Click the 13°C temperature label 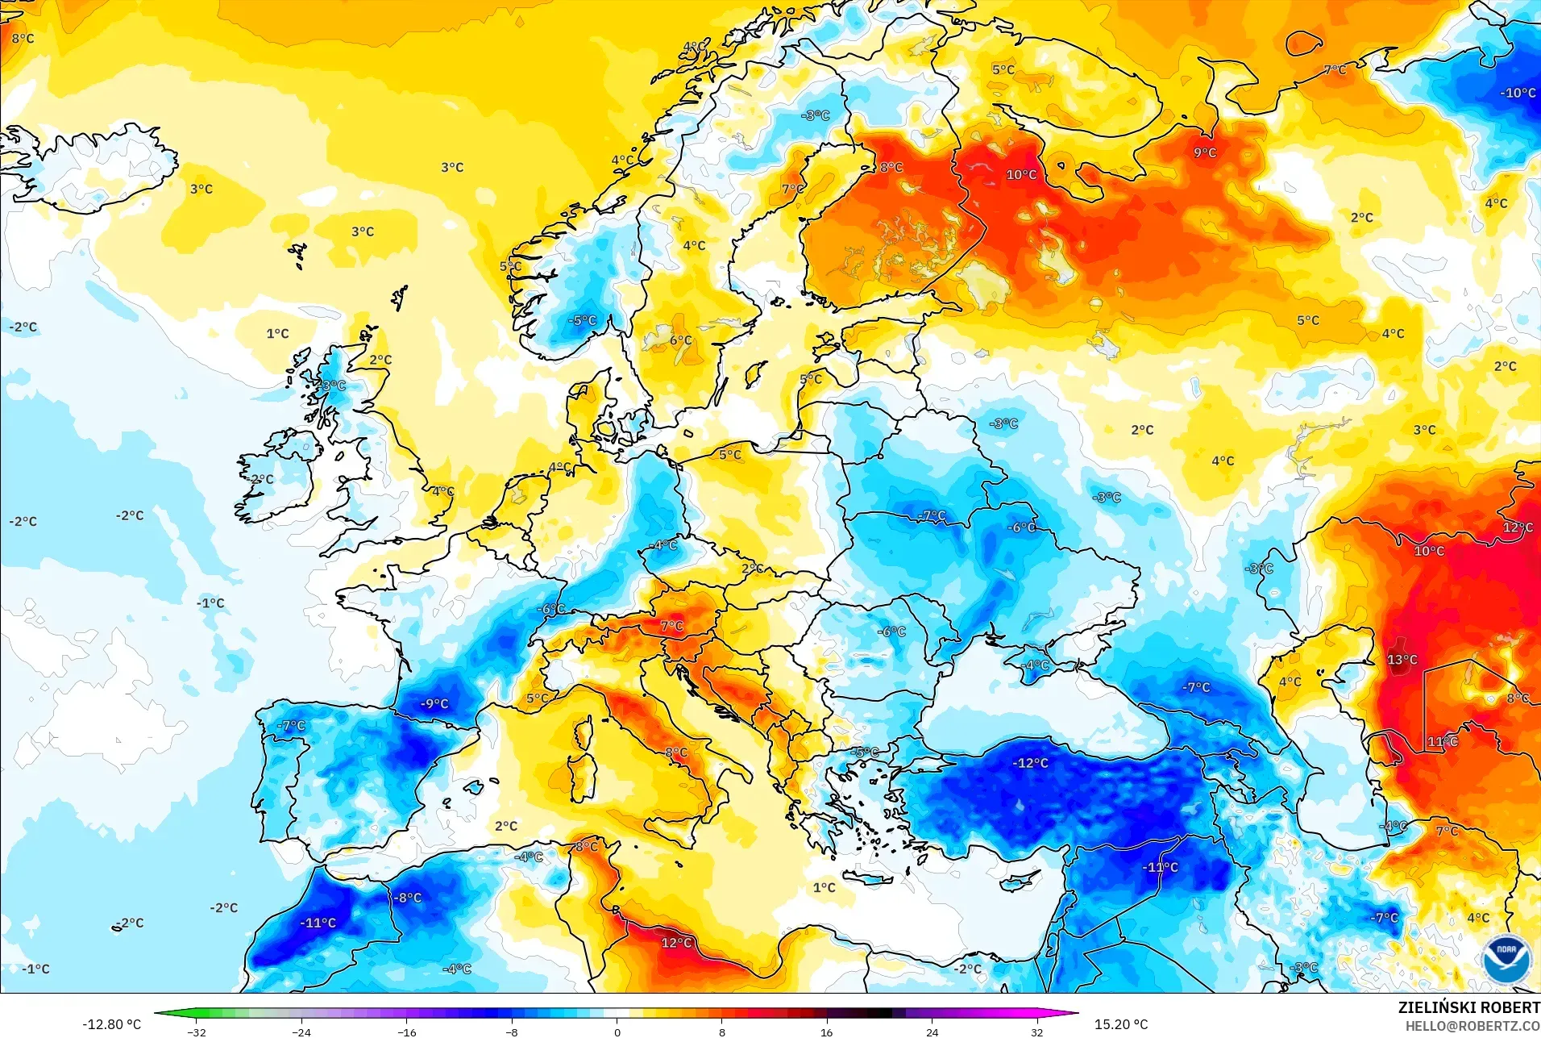click(x=1402, y=660)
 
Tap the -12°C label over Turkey click(x=1031, y=763)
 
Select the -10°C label click(x=1518, y=93)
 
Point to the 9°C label click(x=1205, y=152)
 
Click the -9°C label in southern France click(x=434, y=703)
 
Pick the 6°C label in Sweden click(x=680, y=340)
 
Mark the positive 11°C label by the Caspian click(x=1442, y=741)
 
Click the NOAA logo click(x=1506, y=958)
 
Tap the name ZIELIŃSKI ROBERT click(x=1468, y=1007)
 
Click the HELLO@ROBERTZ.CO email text click(x=1472, y=1026)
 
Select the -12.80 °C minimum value click(x=111, y=1024)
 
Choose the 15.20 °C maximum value click(x=1120, y=1024)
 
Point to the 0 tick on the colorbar click(x=617, y=1032)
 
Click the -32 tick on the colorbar click(x=197, y=1032)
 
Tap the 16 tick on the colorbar click(x=826, y=1032)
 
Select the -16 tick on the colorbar click(x=407, y=1032)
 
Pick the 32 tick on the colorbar click(x=1036, y=1032)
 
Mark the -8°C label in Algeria click(x=408, y=898)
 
